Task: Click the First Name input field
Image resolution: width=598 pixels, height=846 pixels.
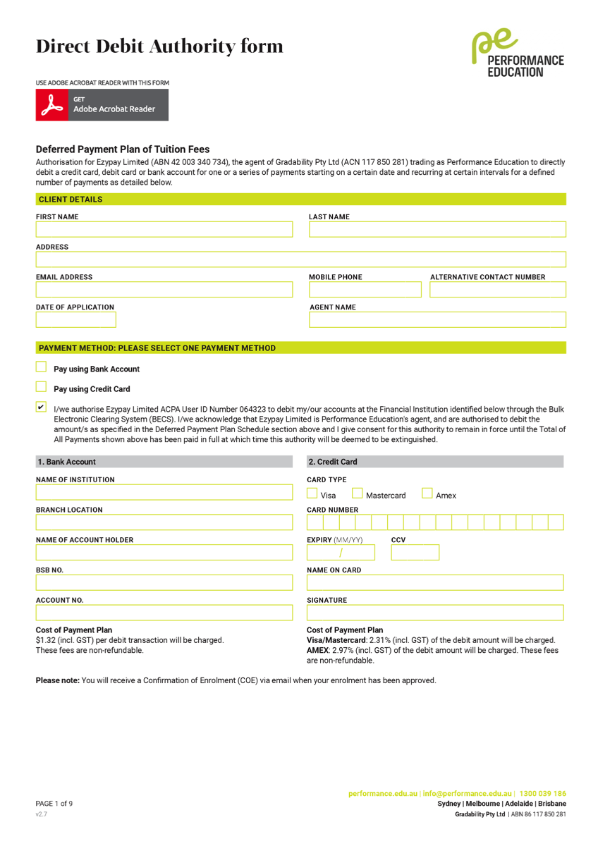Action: tap(164, 230)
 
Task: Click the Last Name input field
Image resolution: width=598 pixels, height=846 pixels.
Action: tap(437, 230)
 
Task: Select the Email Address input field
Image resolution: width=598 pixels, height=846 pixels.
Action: tap(164, 290)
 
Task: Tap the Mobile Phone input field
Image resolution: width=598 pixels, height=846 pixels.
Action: tap(365, 290)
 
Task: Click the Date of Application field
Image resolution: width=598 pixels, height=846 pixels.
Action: tap(76, 320)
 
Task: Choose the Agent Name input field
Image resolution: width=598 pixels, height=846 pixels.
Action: tap(437, 320)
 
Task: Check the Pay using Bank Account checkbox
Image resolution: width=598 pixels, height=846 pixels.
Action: tap(41, 367)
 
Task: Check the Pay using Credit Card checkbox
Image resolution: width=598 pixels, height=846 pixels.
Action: tap(41, 386)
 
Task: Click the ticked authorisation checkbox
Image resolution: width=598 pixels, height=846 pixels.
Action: tap(41, 407)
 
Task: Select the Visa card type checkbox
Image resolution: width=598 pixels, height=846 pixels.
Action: tap(312, 493)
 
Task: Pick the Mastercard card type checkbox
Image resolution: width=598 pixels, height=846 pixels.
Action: tap(358, 493)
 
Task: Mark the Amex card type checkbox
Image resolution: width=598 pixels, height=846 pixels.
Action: tap(427, 493)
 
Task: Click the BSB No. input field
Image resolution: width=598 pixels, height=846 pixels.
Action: tap(164, 582)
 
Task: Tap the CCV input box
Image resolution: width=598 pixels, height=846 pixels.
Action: tap(415, 552)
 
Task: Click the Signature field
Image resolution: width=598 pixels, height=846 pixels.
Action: tap(435, 613)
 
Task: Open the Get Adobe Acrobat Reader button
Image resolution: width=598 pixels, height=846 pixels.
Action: tap(102, 105)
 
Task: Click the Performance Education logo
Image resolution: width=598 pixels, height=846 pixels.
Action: tap(518, 54)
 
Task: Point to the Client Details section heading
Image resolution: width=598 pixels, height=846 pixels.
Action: tap(71, 200)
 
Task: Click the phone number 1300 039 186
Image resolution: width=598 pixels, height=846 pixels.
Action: tap(542, 794)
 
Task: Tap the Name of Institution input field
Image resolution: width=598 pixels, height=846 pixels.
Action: tap(164, 492)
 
